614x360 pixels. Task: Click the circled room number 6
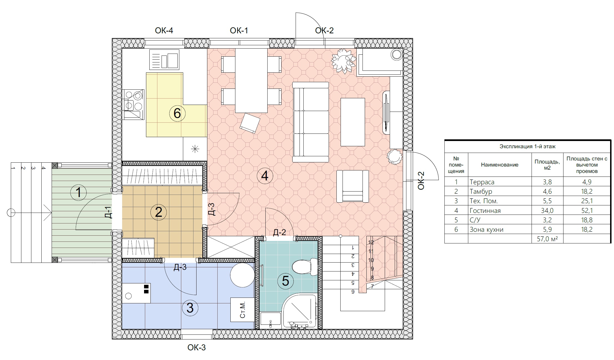coord(177,114)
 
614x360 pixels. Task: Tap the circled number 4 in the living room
coord(265,176)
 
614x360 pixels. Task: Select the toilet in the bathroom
coord(305,267)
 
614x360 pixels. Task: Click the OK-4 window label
coord(164,31)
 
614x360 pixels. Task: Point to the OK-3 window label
coord(197,347)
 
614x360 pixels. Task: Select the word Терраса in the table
coord(482,182)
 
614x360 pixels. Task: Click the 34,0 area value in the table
coord(547,211)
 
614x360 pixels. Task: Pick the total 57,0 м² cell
coord(547,239)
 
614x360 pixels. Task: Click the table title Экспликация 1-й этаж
coord(527,146)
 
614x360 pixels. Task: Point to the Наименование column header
coord(500,165)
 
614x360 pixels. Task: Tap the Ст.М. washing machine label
coord(242,310)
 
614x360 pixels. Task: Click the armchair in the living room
coord(353,186)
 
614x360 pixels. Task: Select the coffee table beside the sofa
coord(353,122)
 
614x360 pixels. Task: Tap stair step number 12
coord(371,242)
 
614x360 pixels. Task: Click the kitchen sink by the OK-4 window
coord(164,59)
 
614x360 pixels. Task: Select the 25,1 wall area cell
coord(587,201)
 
